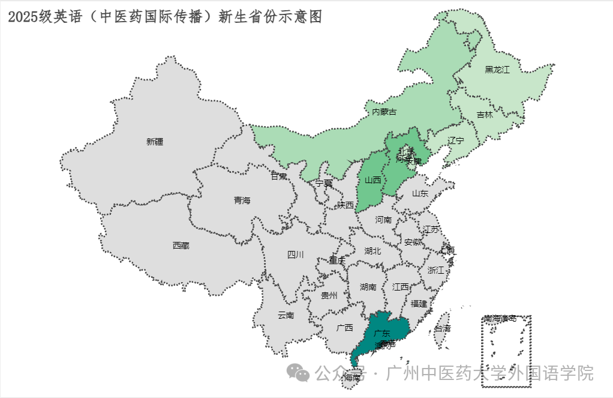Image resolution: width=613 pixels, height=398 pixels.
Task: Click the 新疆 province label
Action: [x=154, y=142]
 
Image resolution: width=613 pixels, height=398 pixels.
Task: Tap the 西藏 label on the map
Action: [x=181, y=245]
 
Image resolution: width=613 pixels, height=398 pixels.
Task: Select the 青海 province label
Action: [x=242, y=201]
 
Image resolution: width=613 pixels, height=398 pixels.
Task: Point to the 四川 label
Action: [x=295, y=255]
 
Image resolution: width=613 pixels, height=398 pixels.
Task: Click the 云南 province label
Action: [x=286, y=315]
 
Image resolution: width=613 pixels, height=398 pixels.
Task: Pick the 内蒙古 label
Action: [x=384, y=112]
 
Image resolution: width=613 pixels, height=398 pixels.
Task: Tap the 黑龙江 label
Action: [x=497, y=70]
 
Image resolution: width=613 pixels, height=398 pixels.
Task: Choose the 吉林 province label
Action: [x=485, y=114]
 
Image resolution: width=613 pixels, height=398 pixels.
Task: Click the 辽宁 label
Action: [x=456, y=140]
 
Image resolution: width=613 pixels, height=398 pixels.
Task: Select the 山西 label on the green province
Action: [x=372, y=179]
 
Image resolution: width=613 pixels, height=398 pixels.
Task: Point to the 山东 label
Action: [x=420, y=193]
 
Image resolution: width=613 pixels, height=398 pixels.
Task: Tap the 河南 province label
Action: [x=383, y=220]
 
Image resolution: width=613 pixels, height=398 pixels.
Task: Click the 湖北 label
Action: [x=372, y=251]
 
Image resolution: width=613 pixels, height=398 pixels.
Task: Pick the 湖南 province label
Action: [x=368, y=287]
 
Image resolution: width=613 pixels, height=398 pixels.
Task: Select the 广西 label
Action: [x=345, y=328]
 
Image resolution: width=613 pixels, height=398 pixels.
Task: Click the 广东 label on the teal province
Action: [x=381, y=333]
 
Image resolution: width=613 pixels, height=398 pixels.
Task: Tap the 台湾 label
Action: [x=443, y=329]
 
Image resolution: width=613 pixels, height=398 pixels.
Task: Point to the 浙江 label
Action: [x=436, y=270]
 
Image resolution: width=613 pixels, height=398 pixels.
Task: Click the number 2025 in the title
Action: [x=23, y=17]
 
